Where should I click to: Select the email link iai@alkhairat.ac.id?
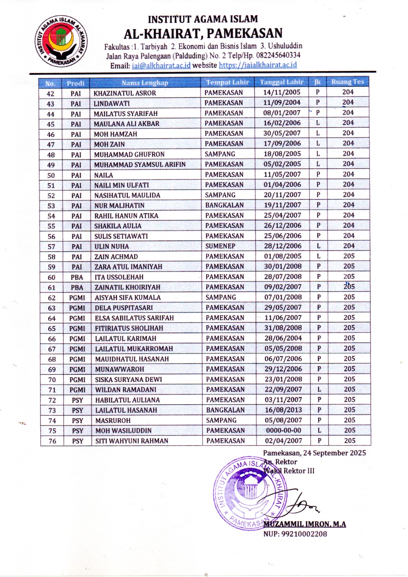point(161,65)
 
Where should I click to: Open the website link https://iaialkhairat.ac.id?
point(258,65)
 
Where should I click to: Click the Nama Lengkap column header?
point(145,83)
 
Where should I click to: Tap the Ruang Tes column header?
point(347,82)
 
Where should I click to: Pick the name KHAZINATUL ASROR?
point(125,93)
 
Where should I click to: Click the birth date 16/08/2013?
point(283,410)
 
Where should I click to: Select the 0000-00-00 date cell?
point(283,431)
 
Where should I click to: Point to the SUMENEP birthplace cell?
point(220,246)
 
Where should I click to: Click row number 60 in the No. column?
point(52,277)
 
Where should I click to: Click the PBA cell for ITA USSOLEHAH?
point(77,277)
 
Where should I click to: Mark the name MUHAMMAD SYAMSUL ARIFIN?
point(140,164)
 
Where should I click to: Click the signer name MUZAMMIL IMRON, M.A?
point(304,524)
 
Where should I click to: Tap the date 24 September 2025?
point(334,453)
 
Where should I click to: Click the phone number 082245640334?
point(278,55)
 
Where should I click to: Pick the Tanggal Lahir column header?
point(281,82)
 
